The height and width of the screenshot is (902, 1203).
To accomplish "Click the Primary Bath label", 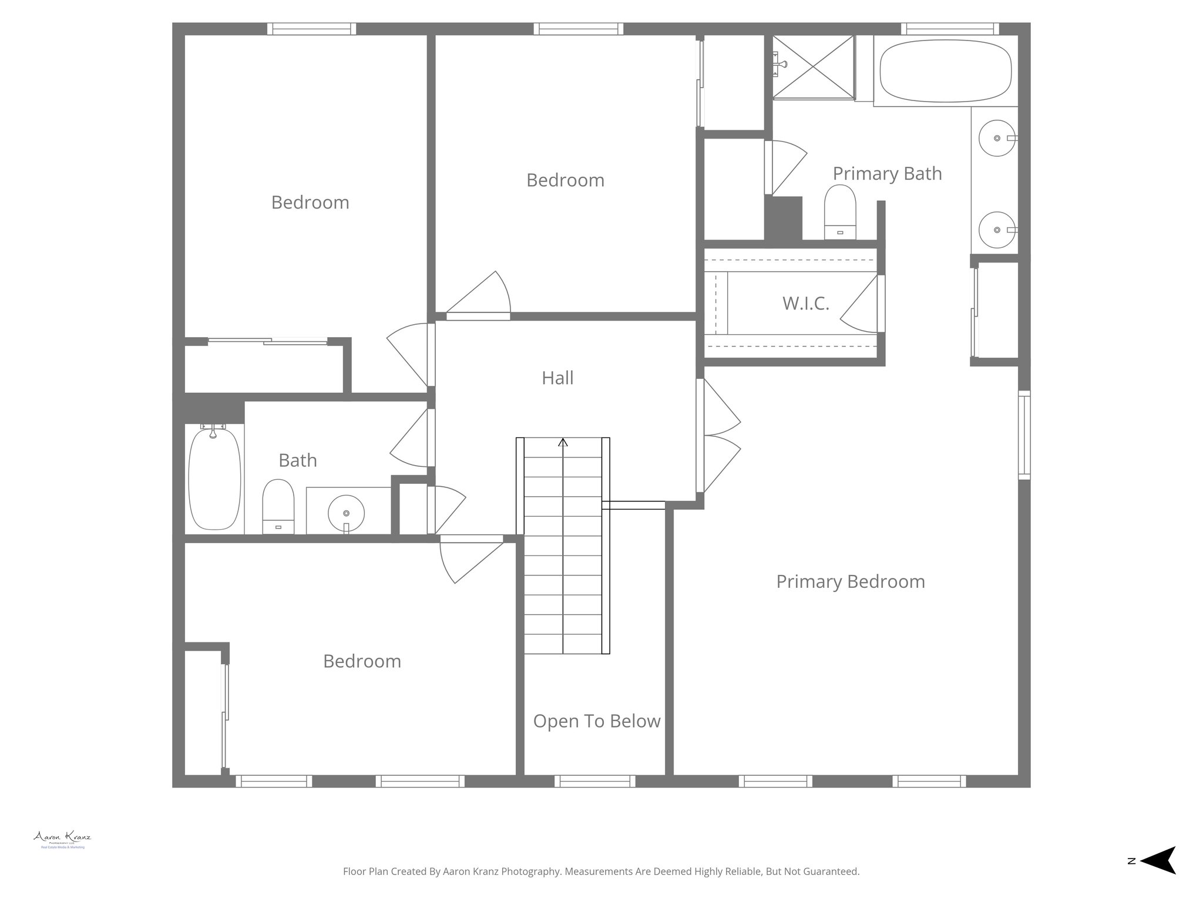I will click(887, 174).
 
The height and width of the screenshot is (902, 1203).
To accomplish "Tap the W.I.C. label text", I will click(805, 304).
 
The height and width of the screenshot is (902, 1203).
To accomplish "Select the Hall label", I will click(557, 378).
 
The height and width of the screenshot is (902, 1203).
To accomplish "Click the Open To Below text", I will click(596, 721).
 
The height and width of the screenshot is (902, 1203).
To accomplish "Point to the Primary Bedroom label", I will click(850, 582).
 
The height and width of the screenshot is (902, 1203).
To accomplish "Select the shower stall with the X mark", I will click(813, 67).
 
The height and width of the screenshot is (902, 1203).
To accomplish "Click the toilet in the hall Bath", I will click(277, 506).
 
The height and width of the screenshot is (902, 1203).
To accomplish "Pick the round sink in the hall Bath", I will click(346, 513).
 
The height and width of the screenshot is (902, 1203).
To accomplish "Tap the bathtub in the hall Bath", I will click(214, 478).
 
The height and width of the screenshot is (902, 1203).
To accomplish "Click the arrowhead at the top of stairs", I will click(563, 442).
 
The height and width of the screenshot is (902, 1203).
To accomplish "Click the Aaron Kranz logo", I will click(62, 839).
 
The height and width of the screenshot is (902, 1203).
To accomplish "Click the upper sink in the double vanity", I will click(997, 138).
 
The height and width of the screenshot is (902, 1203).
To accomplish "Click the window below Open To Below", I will click(594, 781).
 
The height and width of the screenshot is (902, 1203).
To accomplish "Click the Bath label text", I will click(298, 460).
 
